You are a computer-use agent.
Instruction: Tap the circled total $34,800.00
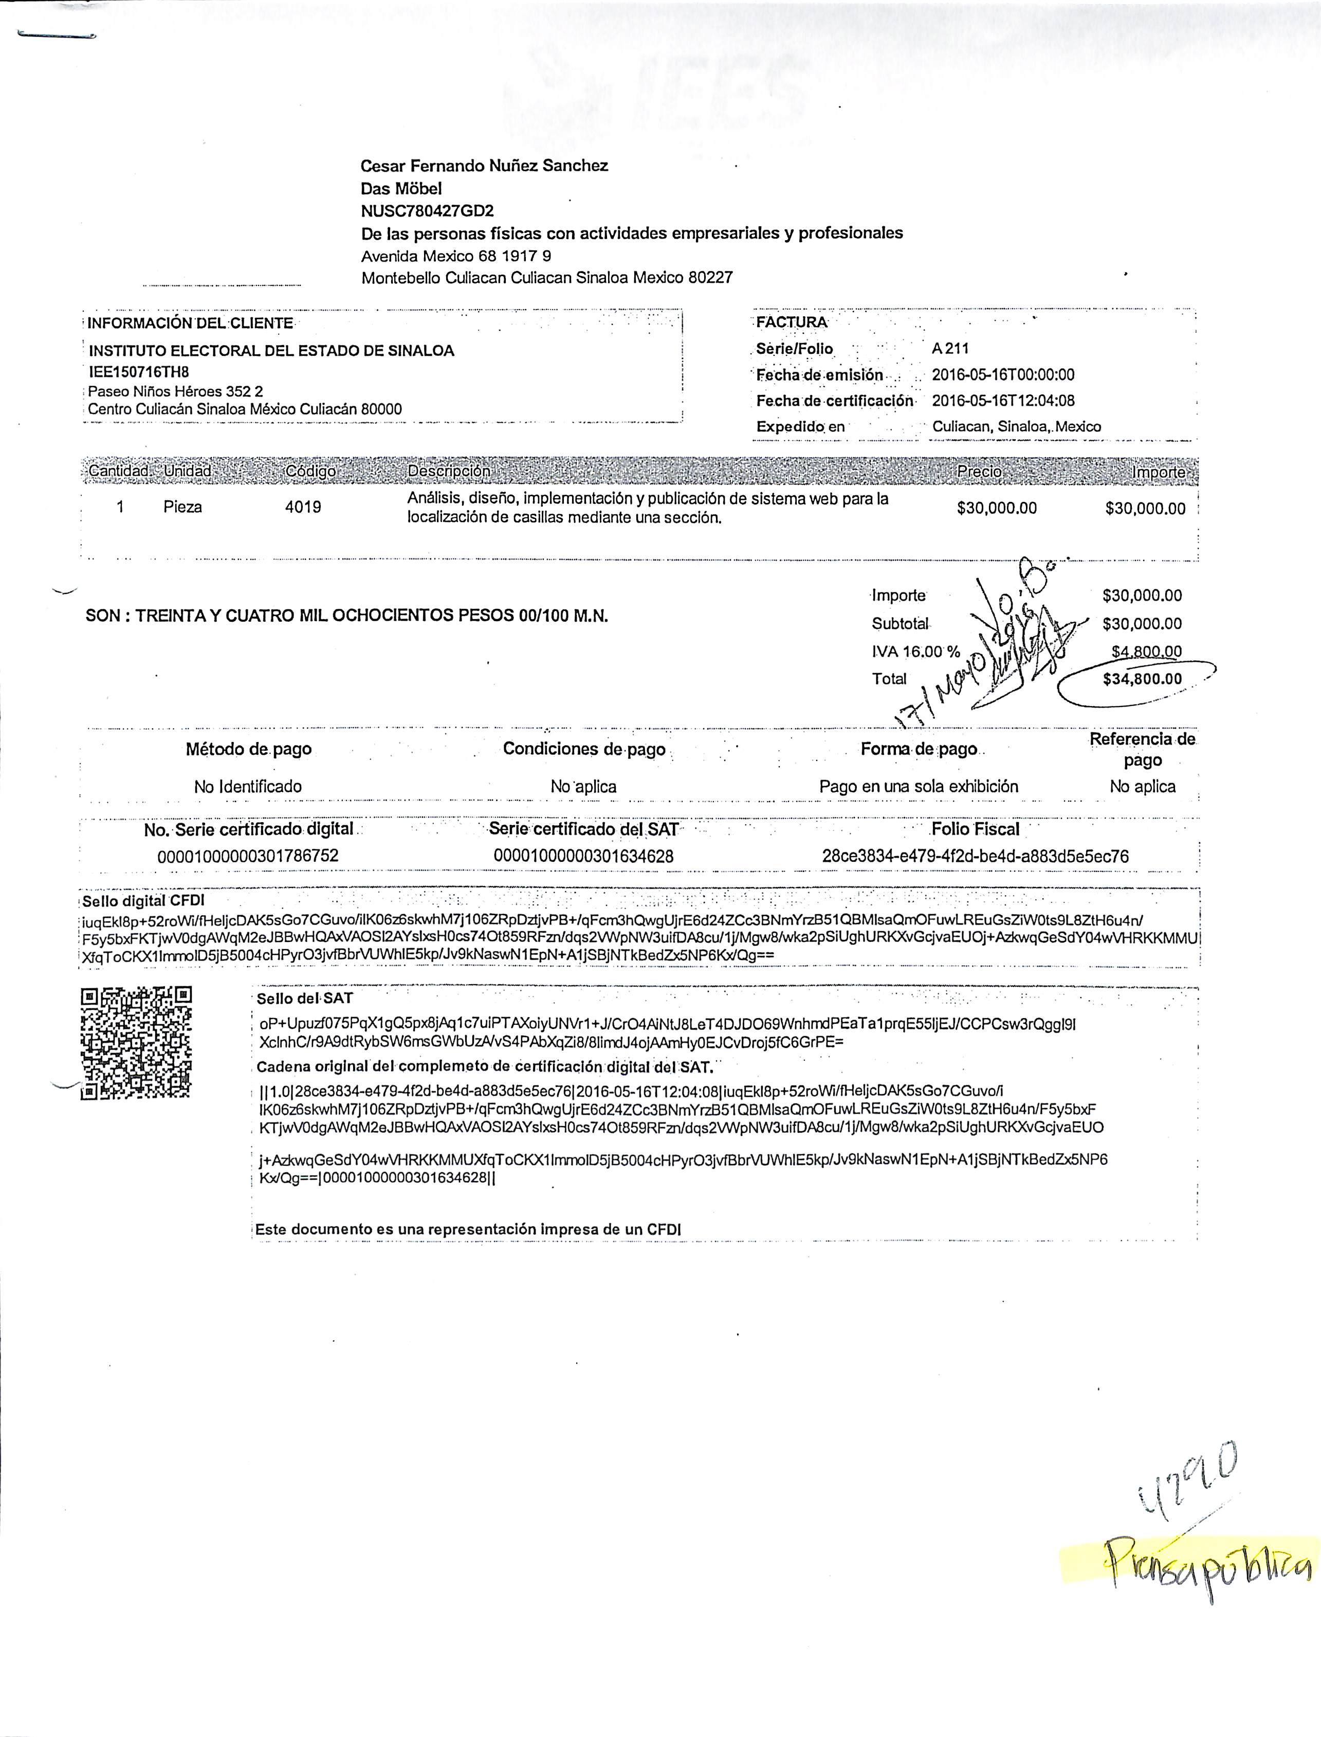[x=1142, y=679]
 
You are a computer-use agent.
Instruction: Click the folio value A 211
[x=950, y=349]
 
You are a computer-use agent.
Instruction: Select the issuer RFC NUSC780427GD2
[x=428, y=211]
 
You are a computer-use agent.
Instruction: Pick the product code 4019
[x=303, y=508]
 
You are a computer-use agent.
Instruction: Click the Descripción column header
[x=448, y=471]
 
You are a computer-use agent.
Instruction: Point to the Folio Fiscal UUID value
[x=975, y=856]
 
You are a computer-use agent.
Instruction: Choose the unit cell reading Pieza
[x=182, y=508]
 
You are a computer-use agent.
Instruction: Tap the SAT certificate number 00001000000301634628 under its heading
[x=583, y=856]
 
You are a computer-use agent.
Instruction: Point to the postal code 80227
[x=710, y=278]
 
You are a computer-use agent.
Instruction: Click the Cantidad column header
[x=118, y=471]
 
